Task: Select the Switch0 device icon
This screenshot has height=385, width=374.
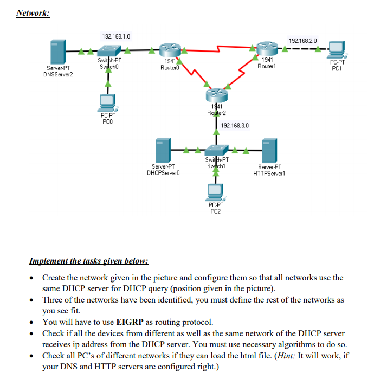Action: click(108, 52)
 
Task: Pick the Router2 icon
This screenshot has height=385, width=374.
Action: click(216, 96)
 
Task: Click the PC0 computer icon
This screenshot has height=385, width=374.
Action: click(108, 101)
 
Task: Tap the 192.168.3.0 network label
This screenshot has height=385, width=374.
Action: click(235, 125)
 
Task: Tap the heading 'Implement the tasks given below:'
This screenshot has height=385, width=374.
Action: click(88, 261)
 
